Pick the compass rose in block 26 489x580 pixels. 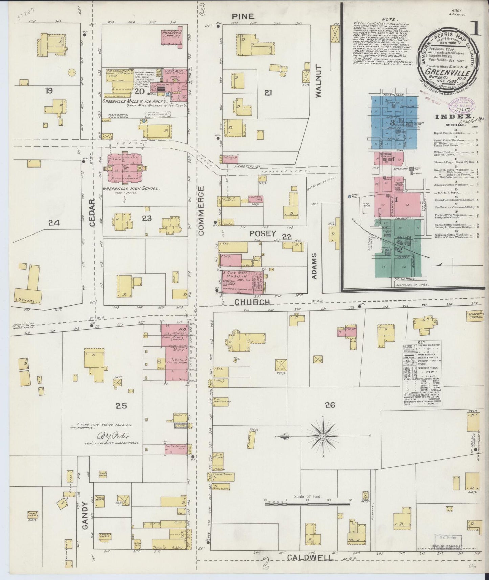(324, 437)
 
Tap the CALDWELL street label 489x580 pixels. (309, 557)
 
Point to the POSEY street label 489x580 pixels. (263, 233)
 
